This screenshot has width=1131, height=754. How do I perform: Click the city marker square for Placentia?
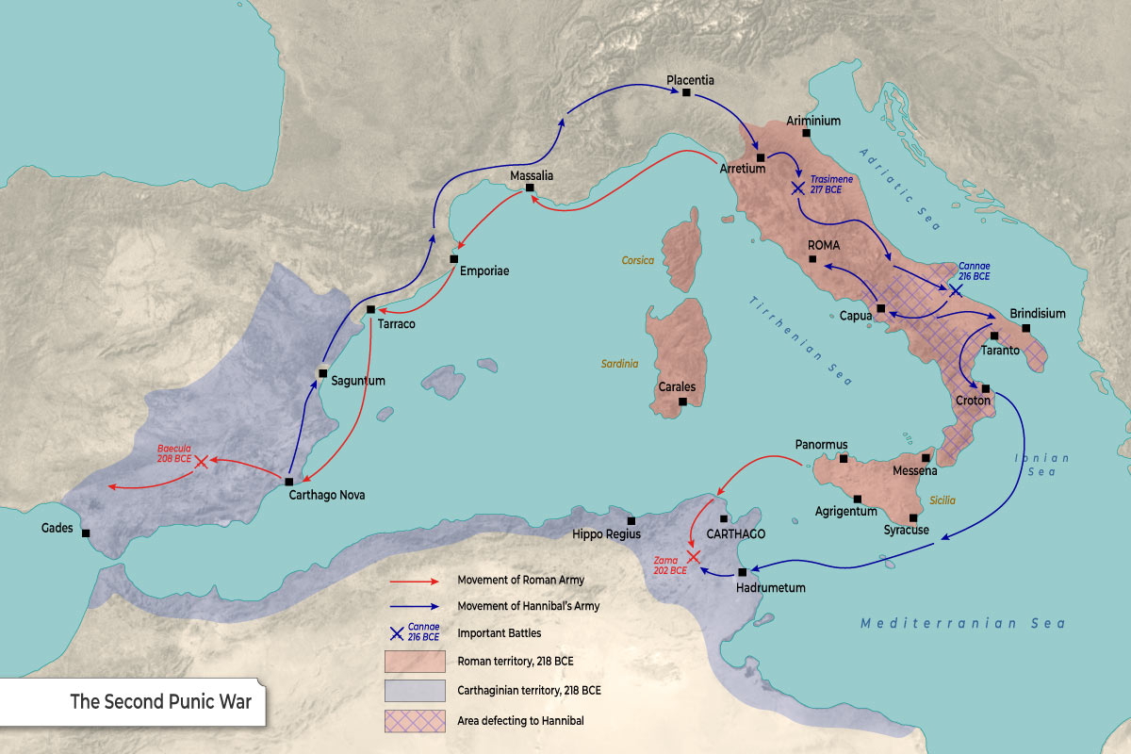point(687,92)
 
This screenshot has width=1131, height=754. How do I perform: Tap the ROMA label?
point(823,245)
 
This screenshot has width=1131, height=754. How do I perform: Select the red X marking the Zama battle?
point(694,557)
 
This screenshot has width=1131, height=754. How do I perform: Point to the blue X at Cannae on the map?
point(956,290)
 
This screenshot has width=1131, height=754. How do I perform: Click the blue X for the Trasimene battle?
point(798,188)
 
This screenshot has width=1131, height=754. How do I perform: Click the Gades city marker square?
point(87,533)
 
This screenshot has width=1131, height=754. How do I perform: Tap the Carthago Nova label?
point(327,495)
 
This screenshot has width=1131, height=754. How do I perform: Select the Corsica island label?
point(637,260)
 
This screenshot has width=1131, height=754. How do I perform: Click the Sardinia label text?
point(619,364)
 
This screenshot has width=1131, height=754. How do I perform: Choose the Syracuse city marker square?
point(913,517)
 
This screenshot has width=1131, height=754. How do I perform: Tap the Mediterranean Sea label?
point(962,624)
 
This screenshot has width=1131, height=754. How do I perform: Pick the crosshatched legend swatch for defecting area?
point(414,721)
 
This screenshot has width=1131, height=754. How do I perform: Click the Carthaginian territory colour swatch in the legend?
point(414,691)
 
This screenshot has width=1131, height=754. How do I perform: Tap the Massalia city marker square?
point(530,188)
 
